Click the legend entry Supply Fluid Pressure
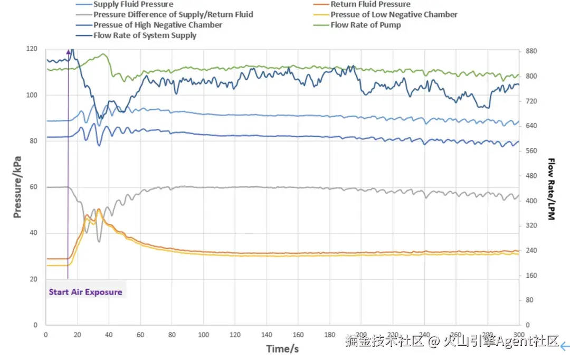pos(133,4)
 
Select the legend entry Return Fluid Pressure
pos(370,4)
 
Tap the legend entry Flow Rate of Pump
pos(366,25)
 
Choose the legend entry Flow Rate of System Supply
pos(145,35)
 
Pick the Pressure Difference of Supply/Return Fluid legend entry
pos(173,14)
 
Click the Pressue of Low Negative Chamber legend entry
pos(394,14)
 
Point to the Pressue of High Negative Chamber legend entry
pos(157,25)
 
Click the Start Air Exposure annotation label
pos(85,291)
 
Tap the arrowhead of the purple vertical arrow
pos(68,52)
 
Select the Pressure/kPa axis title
pos(17,186)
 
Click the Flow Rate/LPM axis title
pos(551,188)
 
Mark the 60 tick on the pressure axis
pos(34,187)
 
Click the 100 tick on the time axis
pos(203,335)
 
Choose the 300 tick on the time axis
pos(519,335)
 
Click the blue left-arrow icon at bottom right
pos(565,346)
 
